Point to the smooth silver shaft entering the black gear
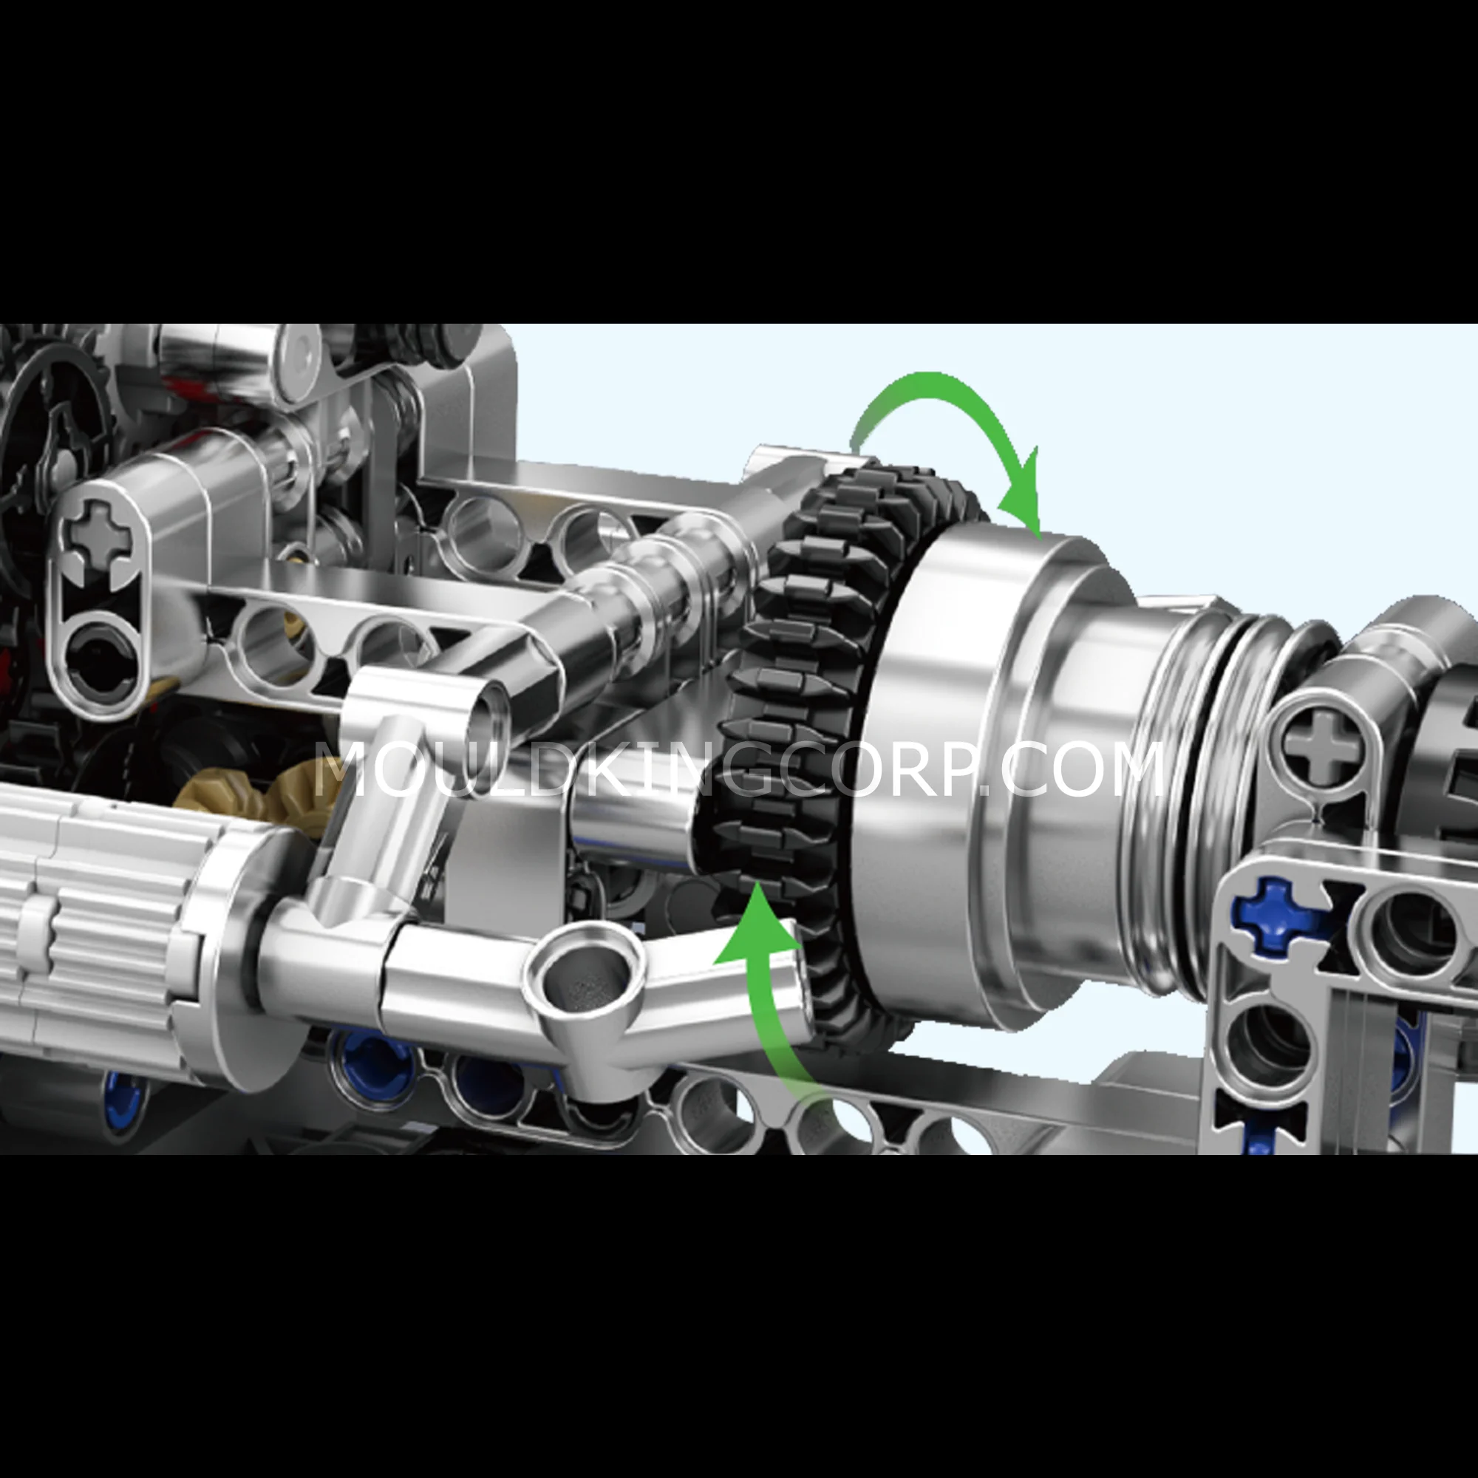click(635, 826)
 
